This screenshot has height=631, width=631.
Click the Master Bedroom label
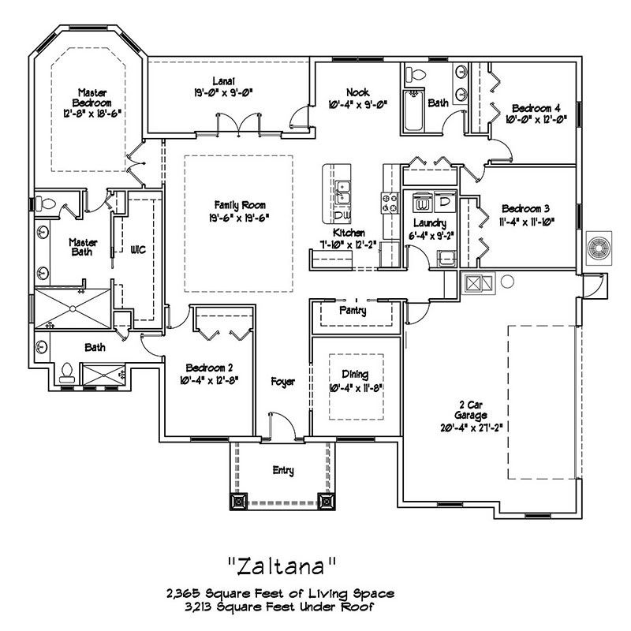tap(92, 97)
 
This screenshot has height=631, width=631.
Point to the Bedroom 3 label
tap(525, 209)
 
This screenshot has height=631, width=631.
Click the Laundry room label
tap(428, 223)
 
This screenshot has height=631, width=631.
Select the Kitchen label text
tap(348, 233)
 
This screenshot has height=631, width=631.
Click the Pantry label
tap(358, 312)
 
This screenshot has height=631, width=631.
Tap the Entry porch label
tap(282, 471)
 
